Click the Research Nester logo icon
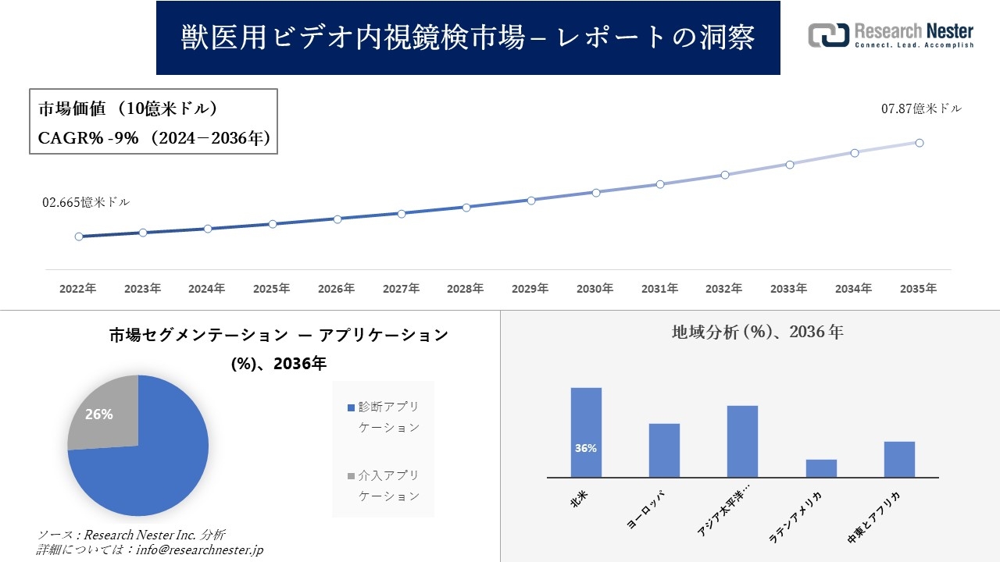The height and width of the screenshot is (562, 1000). (828, 35)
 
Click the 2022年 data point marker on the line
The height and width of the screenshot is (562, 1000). (79, 237)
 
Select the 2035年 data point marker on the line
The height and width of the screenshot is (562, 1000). (920, 143)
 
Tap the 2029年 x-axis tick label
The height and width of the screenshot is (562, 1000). (530, 289)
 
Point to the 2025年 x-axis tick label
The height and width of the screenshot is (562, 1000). (272, 289)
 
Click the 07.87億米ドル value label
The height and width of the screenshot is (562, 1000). (921, 109)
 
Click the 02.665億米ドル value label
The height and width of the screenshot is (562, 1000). (86, 202)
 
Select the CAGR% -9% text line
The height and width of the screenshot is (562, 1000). (154, 138)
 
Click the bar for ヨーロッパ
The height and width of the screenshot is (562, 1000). (664, 450)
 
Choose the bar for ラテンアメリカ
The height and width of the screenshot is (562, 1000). (821, 468)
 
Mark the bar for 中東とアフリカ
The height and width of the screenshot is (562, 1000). (899, 459)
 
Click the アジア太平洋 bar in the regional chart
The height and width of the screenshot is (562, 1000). (742, 441)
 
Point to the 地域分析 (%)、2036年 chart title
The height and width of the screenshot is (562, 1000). (757, 332)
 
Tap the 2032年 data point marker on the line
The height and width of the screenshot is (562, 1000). (725, 175)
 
